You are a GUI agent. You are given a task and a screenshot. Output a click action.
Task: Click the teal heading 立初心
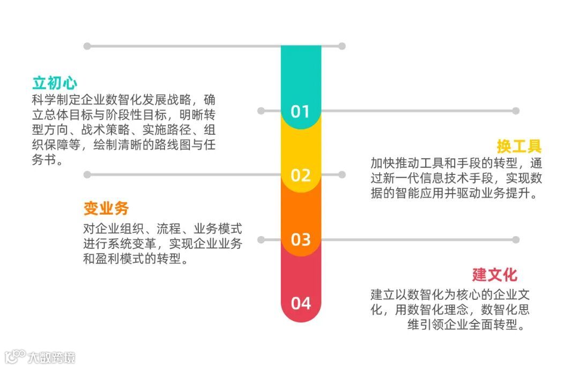(x=54, y=84)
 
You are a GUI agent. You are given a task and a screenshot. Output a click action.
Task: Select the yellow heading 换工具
(x=519, y=146)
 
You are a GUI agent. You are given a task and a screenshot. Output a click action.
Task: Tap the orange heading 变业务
(x=106, y=208)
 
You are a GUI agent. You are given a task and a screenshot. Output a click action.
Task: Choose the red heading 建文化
(x=494, y=275)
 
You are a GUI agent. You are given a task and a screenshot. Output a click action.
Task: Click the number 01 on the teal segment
(x=300, y=112)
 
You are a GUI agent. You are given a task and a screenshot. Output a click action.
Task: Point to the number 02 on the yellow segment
(x=300, y=175)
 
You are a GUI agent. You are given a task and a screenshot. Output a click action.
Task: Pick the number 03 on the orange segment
(x=300, y=239)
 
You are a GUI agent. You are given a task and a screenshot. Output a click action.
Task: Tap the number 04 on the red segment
(x=300, y=303)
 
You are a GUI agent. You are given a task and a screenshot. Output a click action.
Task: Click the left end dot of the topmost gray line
(x=87, y=46)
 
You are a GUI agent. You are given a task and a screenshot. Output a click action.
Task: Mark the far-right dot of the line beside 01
(x=516, y=111)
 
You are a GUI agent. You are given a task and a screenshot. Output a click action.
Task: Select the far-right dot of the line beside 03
(x=516, y=239)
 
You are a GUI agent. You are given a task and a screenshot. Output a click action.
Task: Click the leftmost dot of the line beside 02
(x=87, y=174)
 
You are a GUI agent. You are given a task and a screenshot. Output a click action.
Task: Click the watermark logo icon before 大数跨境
(x=15, y=356)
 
